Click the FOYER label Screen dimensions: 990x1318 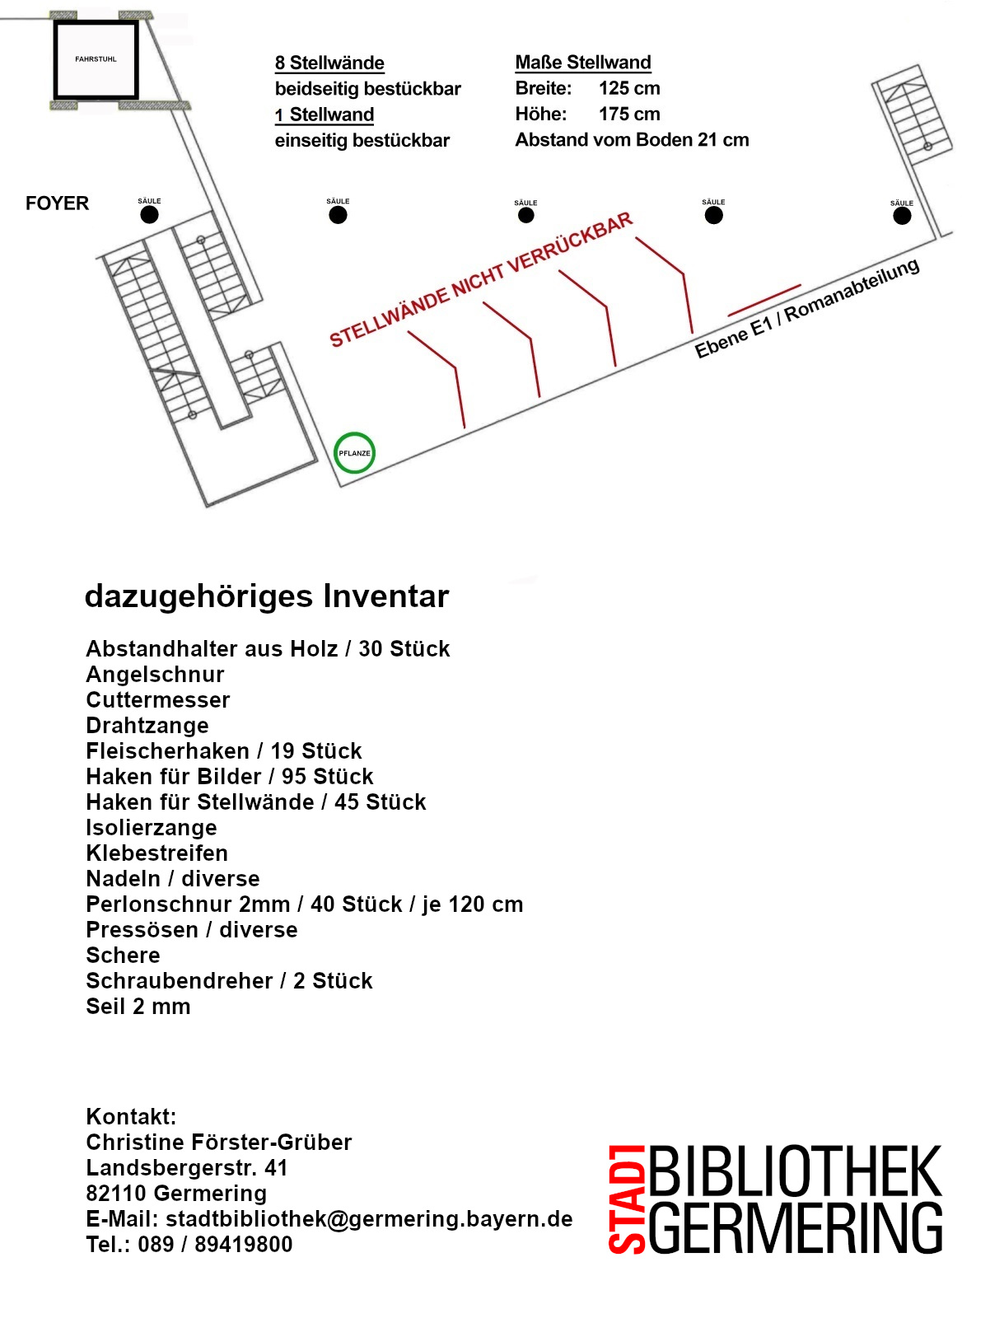point(57,203)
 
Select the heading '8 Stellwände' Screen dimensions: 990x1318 point(329,63)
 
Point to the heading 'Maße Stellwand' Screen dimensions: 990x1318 point(583,63)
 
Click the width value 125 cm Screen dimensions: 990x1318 point(629,88)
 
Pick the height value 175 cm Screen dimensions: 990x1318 point(629,114)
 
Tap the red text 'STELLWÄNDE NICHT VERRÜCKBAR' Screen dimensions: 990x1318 point(481,280)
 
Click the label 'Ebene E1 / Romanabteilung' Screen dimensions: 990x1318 point(807,308)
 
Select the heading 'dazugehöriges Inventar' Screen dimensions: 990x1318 point(267,596)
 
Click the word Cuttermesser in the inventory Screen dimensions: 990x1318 point(158,700)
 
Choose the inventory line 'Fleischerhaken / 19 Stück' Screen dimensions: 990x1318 point(224,751)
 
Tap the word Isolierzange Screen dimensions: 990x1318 point(152,828)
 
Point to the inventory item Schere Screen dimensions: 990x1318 point(123,956)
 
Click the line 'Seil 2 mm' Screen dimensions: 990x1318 point(138,1007)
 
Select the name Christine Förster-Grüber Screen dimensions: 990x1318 point(218,1142)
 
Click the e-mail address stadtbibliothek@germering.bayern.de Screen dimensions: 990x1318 point(369,1219)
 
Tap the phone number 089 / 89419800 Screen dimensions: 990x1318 point(215,1245)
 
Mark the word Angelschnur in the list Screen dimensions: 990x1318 point(155,675)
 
